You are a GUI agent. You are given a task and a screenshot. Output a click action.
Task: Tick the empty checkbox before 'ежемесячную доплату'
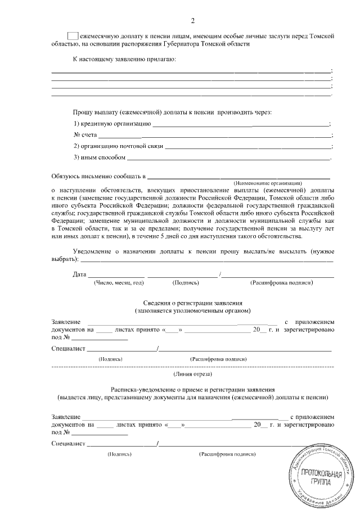[73, 35]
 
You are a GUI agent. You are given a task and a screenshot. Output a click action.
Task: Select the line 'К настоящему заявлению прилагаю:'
[124, 58]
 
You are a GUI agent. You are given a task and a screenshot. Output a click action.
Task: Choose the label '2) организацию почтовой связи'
[118, 146]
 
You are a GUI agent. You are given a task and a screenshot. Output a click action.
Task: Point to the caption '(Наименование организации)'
[268, 184]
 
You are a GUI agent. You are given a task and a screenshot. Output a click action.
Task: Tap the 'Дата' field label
[79, 274]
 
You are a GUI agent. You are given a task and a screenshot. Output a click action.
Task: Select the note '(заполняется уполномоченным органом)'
[193, 310]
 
